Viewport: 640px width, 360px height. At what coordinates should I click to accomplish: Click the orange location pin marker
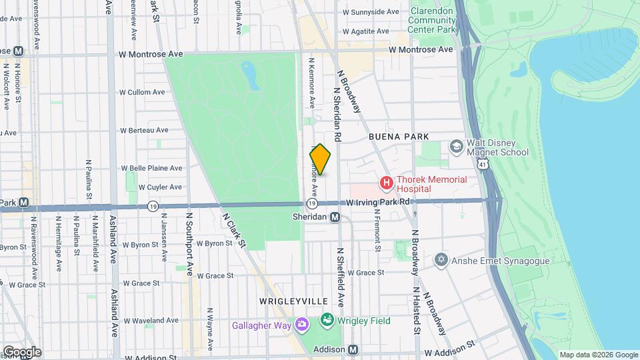click(x=320, y=160)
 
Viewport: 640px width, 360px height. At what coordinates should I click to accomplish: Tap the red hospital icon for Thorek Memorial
click(x=385, y=182)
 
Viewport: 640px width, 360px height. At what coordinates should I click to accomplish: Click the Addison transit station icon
click(x=353, y=349)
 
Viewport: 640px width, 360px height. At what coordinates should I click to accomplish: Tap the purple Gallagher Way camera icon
click(x=303, y=324)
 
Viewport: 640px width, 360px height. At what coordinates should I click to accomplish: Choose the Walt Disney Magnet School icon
click(x=457, y=146)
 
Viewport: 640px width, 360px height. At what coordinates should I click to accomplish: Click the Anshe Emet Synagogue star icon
click(x=440, y=259)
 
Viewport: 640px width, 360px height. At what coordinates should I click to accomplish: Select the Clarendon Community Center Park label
click(x=432, y=21)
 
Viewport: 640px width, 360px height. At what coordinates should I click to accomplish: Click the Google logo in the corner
click(x=21, y=351)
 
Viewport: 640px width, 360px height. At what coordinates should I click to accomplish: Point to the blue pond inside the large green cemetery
click(x=251, y=75)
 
